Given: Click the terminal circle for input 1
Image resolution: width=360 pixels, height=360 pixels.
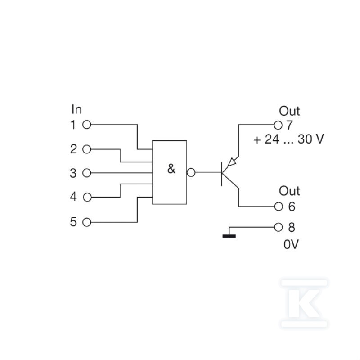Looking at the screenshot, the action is pos(87,125).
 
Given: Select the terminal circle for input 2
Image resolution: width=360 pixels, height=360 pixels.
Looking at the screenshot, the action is pos(87,149).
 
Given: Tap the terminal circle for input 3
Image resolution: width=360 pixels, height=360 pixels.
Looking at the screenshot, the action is pos(87,173).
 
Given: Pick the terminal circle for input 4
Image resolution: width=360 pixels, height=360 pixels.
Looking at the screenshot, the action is pos(87,197).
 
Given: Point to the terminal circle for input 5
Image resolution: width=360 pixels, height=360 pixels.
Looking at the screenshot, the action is pos(87,222).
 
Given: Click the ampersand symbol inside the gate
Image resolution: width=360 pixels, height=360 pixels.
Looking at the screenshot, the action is pos(171,169).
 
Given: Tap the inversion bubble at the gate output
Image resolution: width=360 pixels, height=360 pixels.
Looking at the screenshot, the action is pos(191,172).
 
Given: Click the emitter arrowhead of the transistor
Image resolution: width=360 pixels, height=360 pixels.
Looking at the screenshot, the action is pos(231,162).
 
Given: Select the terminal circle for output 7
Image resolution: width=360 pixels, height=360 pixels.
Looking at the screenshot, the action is pos(278,126).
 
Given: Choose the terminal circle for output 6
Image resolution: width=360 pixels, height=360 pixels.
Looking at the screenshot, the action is pos(279,207).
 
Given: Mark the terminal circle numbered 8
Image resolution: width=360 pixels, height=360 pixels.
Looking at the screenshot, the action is pos(278,228).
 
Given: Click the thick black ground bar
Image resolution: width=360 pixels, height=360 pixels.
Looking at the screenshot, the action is pos(229,236).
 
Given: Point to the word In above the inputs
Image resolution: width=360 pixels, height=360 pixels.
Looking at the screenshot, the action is pos(76,109).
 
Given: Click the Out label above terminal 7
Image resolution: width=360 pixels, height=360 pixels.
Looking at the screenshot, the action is pos(289,111).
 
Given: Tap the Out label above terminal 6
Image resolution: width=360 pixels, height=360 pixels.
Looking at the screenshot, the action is pos(289,191).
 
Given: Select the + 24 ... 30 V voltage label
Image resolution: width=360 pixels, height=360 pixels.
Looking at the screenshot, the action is pos(288,139).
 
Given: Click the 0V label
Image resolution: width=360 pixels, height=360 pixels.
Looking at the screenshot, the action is pos(291,244).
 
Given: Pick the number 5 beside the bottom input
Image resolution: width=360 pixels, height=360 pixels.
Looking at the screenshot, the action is pos(73,222).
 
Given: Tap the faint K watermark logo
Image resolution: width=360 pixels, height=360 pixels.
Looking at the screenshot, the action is pos(304,303).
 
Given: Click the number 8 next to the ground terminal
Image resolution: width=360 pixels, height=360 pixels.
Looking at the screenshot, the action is pos(292,228).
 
